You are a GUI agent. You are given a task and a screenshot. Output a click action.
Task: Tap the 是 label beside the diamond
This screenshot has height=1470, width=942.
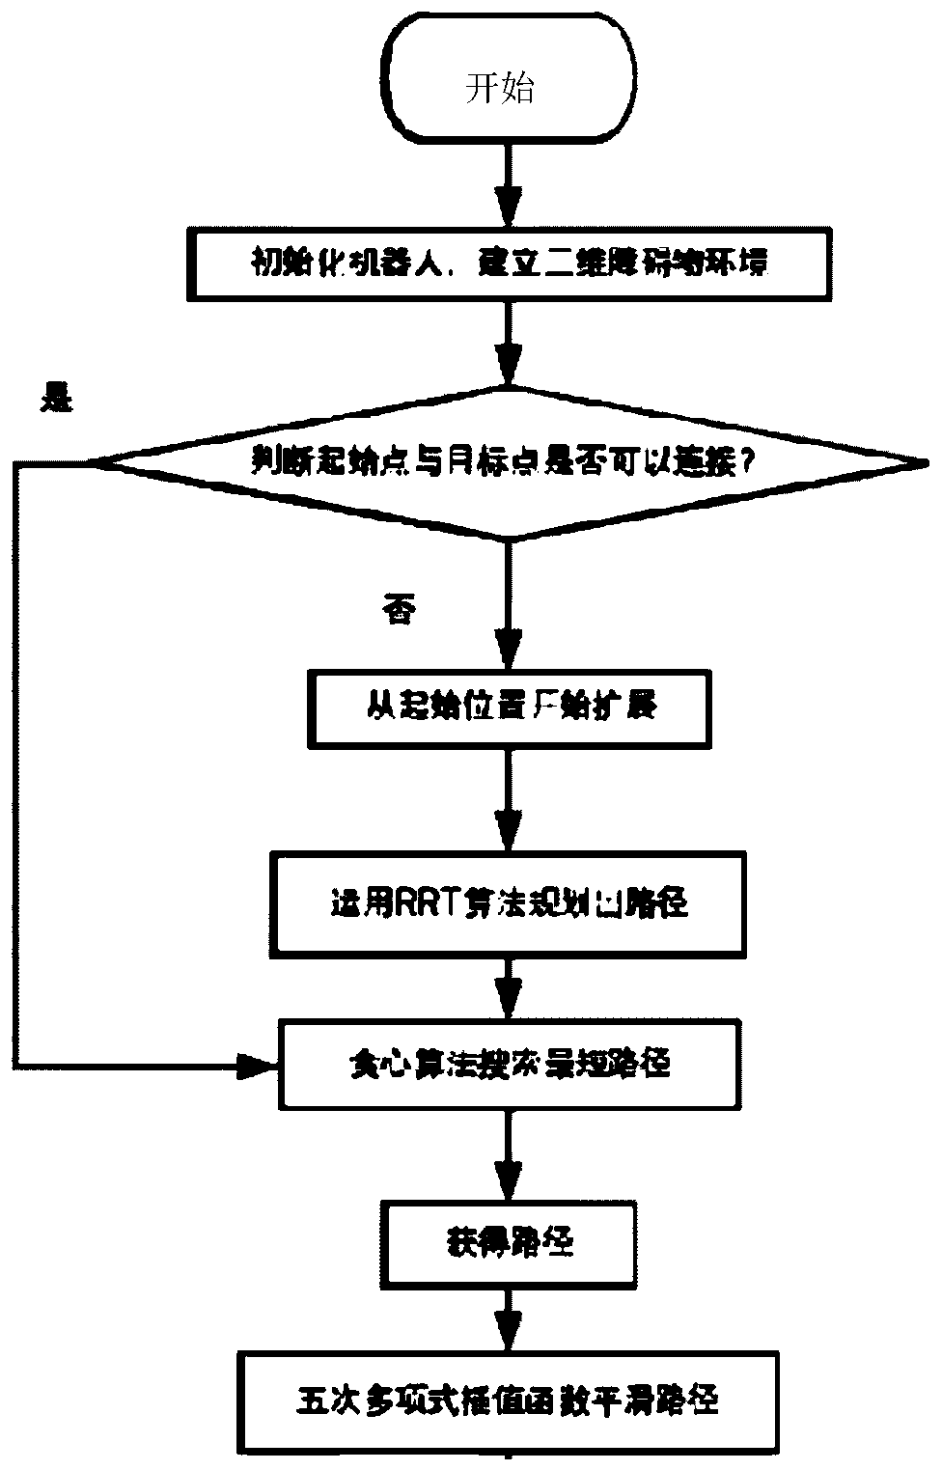[x=55, y=400]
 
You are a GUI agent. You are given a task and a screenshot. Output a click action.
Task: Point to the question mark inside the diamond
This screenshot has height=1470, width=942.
[x=745, y=463]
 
